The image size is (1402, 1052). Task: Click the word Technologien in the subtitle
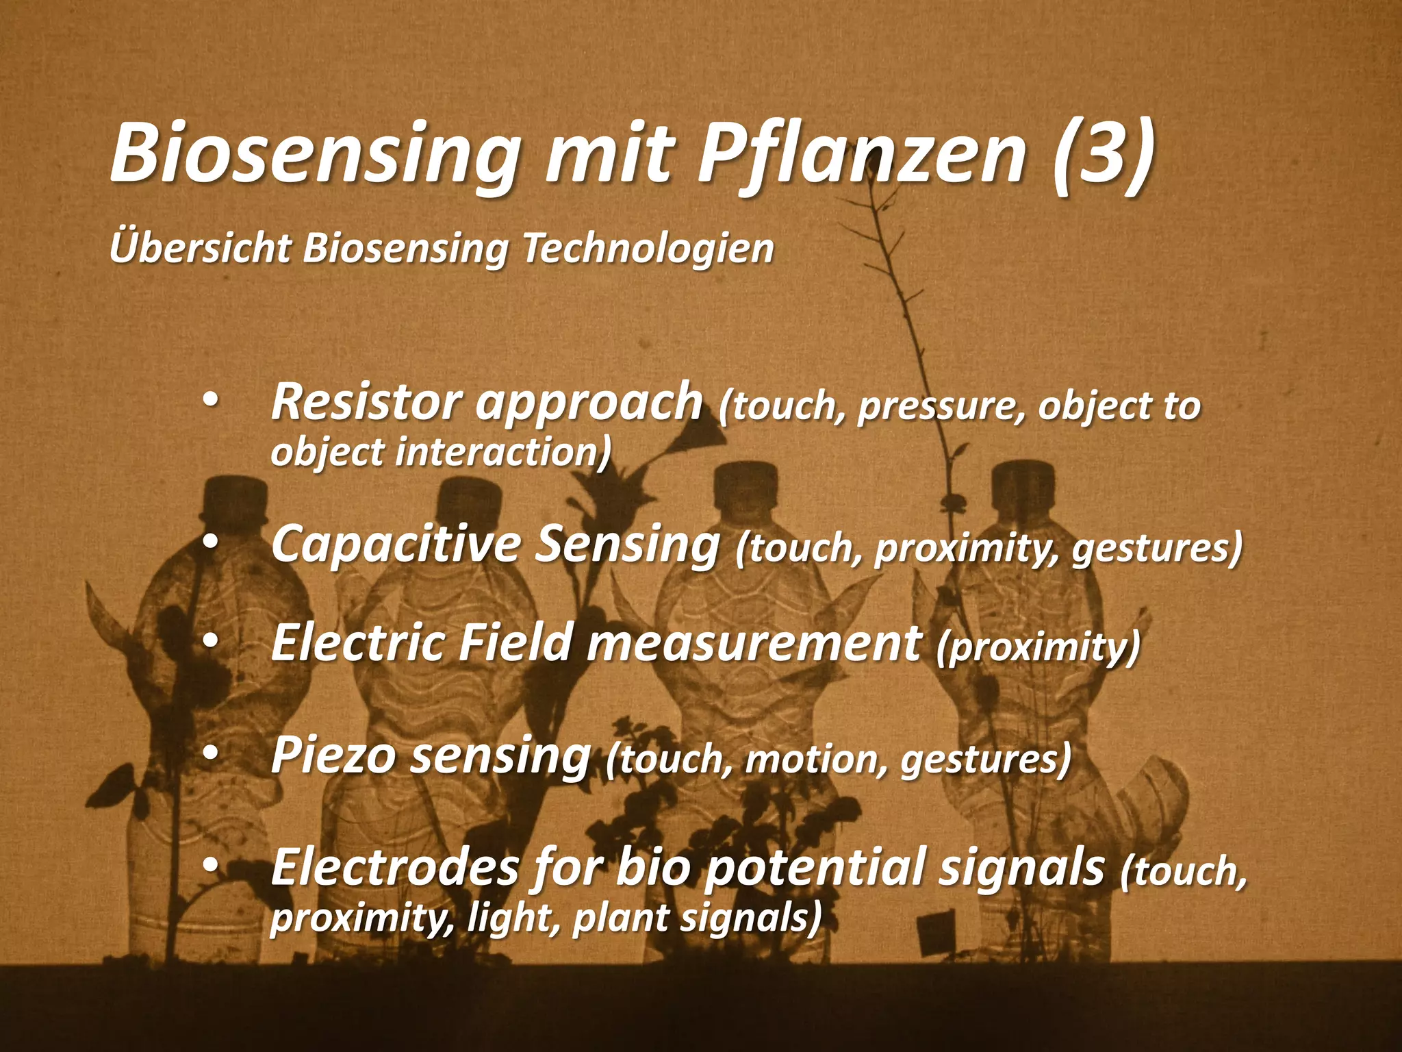pos(648,248)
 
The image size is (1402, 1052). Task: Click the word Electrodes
pos(395,867)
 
